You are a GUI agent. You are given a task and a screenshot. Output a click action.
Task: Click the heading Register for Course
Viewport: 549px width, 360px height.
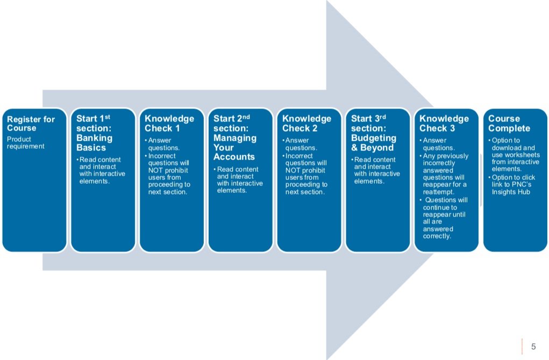31,124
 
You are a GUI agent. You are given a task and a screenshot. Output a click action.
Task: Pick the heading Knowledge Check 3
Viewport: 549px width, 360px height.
444,124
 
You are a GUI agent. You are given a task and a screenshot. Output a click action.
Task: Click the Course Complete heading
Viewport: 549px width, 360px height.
509,124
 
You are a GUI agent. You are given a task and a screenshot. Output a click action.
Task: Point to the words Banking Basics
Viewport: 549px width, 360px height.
95,142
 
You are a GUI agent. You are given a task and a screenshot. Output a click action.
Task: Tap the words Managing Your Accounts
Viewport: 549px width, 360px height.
235,147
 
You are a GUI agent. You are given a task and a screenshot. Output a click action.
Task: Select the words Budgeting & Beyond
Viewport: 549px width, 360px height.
373,142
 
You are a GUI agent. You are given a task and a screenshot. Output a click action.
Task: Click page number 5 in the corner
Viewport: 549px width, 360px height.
533,347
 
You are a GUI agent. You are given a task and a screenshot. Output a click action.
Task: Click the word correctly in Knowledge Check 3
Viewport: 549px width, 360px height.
437,236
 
